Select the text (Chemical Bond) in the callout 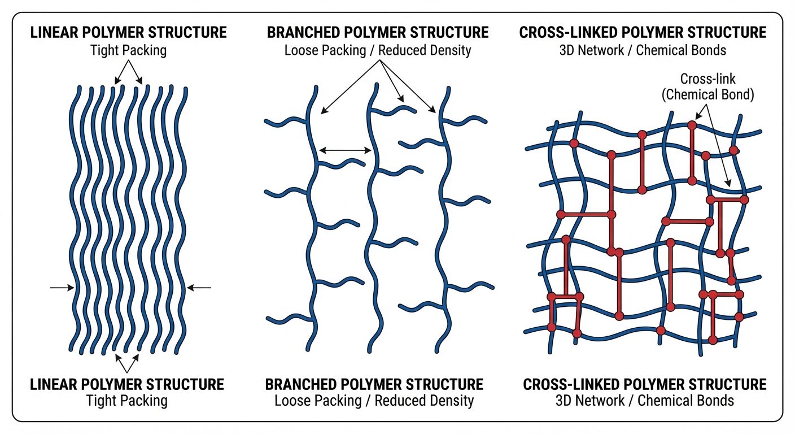707,94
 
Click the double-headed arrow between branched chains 344,150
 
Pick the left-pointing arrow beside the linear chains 199,288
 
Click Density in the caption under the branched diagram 452,401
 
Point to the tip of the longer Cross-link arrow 729,186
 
